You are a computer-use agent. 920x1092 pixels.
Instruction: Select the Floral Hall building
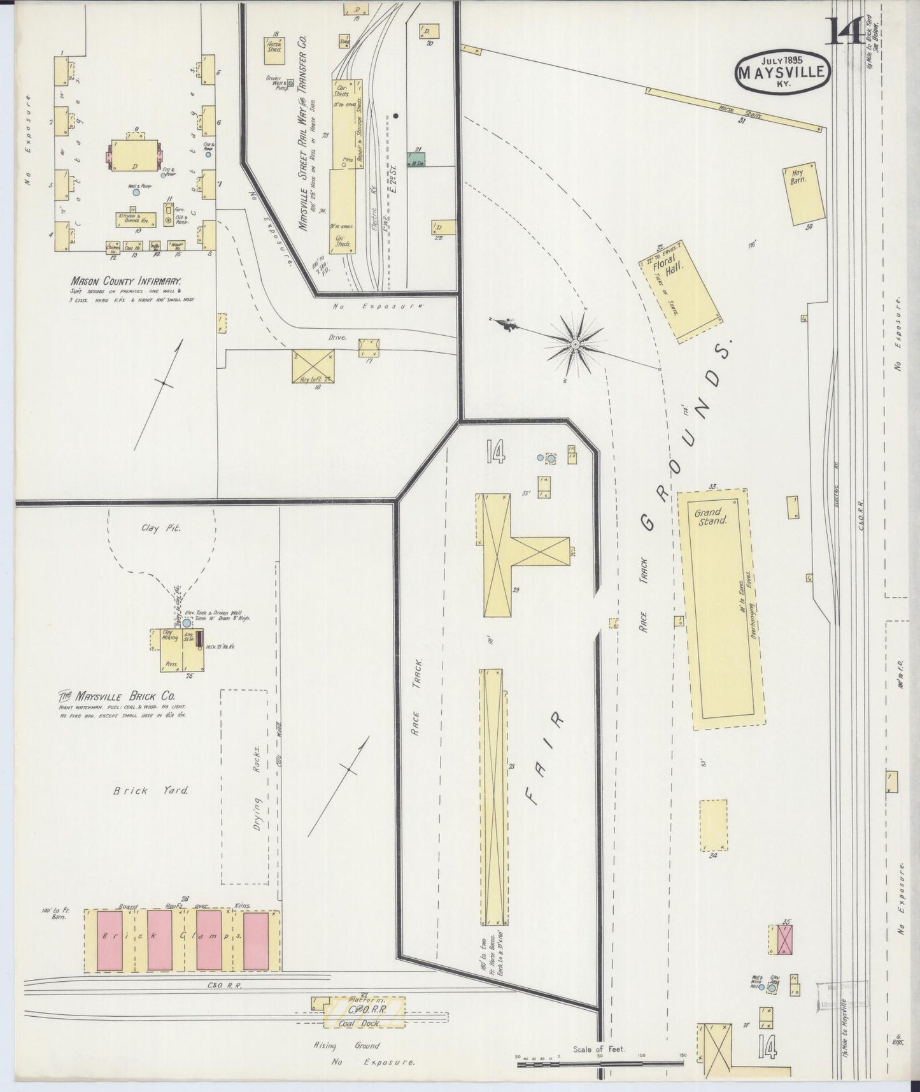683,291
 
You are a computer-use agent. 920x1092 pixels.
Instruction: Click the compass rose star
575,344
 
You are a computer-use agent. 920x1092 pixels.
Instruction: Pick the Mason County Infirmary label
126,280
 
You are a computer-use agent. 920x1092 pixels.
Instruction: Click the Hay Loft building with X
313,366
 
